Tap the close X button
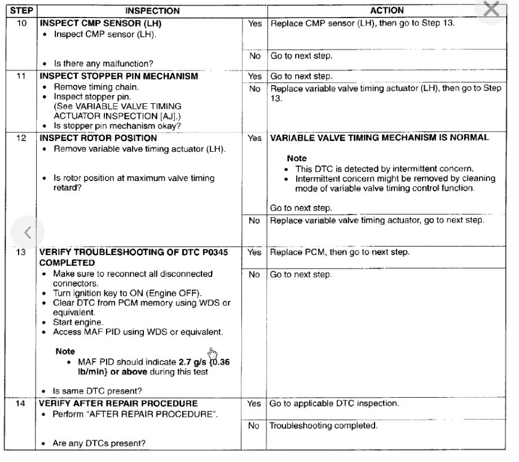click(492, 10)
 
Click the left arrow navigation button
click(27, 231)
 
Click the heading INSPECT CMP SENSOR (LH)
click(91, 25)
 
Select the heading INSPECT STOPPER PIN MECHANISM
click(104, 76)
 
